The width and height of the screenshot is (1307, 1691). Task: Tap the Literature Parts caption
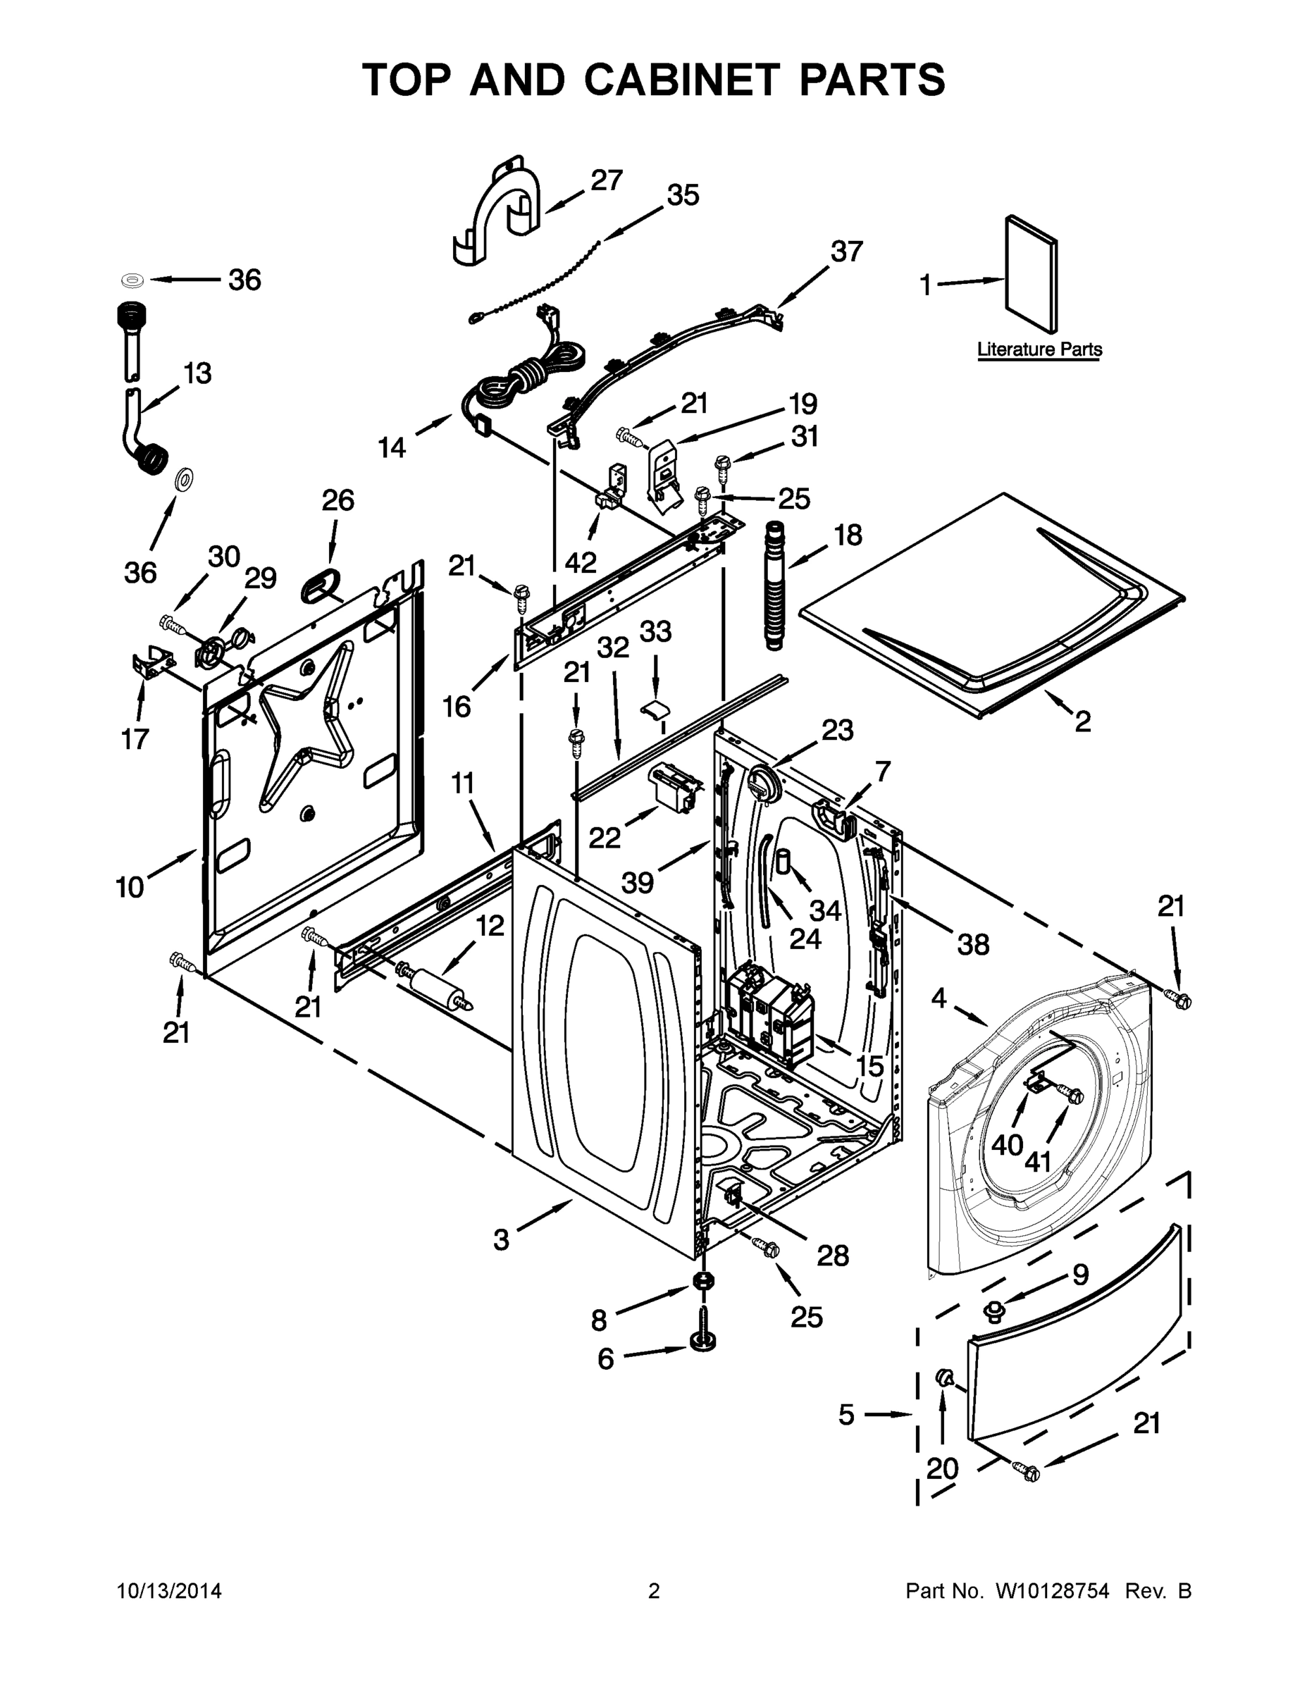tap(1039, 349)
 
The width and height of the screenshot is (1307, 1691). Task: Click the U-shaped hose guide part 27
tap(495, 213)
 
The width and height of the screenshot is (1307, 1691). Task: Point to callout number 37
tap(846, 251)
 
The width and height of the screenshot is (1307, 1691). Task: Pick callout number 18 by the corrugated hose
tap(848, 534)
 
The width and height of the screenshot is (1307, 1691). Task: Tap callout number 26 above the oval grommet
tap(337, 500)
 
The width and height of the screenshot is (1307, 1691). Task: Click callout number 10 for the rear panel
tap(130, 886)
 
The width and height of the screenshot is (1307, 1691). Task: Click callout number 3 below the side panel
tap(502, 1239)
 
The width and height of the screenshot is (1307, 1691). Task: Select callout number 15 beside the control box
tap(869, 1066)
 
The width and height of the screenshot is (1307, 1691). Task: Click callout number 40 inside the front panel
tap(1008, 1144)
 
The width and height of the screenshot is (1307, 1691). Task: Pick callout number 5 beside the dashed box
tap(846, 1415)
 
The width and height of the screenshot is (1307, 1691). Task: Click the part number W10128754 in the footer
tap(1051, 1591)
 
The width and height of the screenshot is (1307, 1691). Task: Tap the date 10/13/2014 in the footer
tap(169, 1591)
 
